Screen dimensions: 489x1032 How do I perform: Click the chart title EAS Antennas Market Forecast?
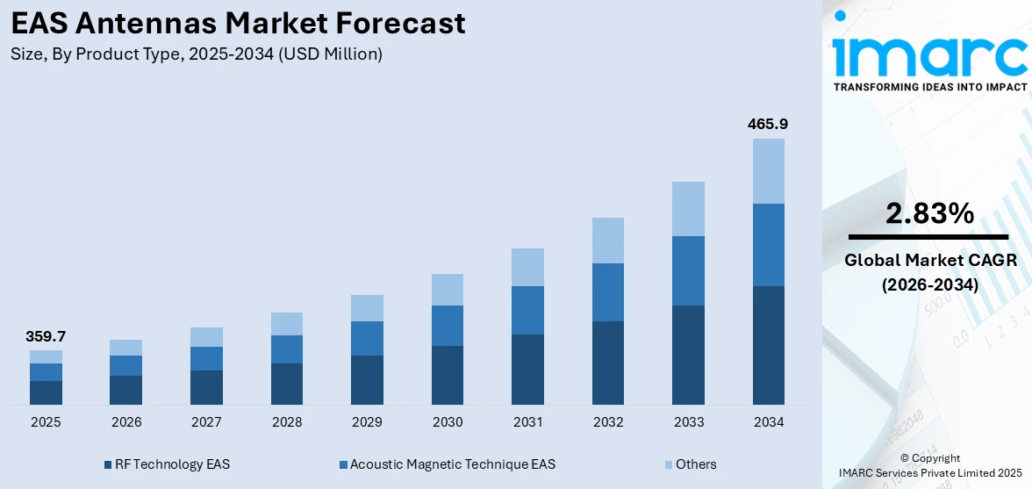click(x=238, y=23)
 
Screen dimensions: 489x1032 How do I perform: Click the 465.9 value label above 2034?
click(x=768, y=125)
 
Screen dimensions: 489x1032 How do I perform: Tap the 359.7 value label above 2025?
click(x=46, y=336)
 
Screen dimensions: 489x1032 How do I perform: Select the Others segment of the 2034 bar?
click(x=768, y=171)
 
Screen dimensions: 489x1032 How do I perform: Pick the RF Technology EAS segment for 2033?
click(x=688, y=355)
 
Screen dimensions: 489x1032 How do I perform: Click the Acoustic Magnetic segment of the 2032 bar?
click(x=608, y=292)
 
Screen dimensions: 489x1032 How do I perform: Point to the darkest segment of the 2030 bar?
click(x=448, y=375)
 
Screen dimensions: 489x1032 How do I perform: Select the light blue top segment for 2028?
click(x=287, y=324)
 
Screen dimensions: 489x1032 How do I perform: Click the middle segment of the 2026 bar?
click(x=126, y=365)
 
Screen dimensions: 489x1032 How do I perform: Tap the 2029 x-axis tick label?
click(x=367, y=422)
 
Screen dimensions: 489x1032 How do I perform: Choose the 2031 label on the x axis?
click(x=527, y=422)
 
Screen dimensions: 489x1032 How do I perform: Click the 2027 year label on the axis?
click(x=206, y=422)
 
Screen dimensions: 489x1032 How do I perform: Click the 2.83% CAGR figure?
click(x=928, y=213)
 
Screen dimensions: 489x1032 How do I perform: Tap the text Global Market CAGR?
click(x=928, y=261)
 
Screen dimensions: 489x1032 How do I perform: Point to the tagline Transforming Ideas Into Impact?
click(x=928, y=87)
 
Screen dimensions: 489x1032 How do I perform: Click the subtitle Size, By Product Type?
click(x=197, y=54)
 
